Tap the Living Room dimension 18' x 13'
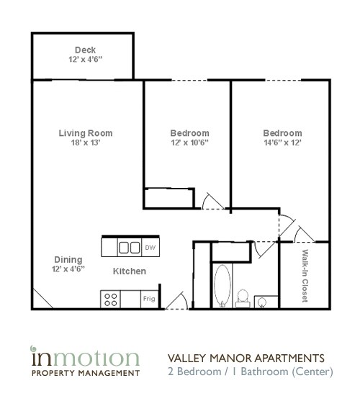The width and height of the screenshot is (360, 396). click(86, 143)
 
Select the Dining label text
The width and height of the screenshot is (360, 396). click(68, 259)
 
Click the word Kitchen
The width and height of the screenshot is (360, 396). click(130, 271)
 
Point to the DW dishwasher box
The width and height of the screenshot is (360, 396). click(150, 248)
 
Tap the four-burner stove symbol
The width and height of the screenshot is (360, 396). click(112, 298)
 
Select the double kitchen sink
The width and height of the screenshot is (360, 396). click(129, 248)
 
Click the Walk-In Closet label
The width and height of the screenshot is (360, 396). click(305, 275)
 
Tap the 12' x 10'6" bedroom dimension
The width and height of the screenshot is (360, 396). click(189, 143)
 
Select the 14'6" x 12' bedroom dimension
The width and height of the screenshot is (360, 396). click(282, 143)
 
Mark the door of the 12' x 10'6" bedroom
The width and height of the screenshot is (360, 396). click(212, 201)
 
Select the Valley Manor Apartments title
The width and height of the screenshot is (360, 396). click(246, 358)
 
